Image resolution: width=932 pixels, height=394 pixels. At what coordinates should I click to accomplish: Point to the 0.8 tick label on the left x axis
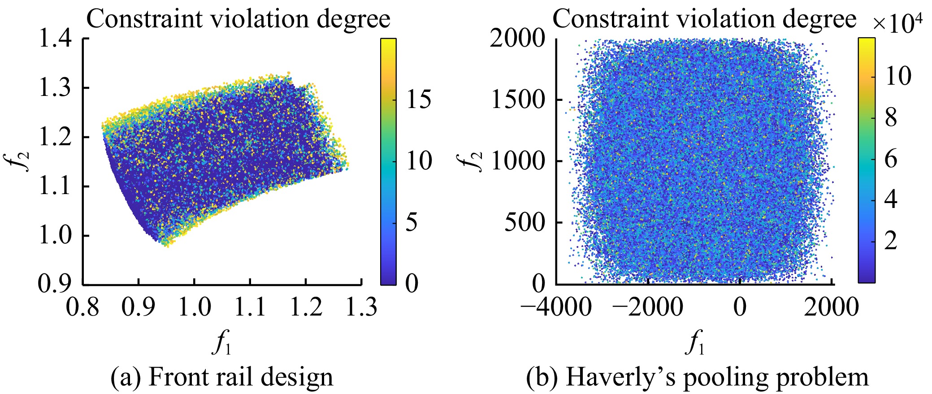click(83, 307)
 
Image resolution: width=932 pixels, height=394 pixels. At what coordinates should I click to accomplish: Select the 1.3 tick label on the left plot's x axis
click(361, 307)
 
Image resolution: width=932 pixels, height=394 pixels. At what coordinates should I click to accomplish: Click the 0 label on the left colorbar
click(412, 283)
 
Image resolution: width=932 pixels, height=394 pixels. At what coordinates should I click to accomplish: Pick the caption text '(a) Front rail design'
click(222, 377)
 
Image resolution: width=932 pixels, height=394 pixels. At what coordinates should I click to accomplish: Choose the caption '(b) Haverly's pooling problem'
click(697, 377)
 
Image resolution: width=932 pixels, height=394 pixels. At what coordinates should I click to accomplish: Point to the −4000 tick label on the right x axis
click(556, 307)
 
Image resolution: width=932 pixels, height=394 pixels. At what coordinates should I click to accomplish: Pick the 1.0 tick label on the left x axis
click(194, 307)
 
